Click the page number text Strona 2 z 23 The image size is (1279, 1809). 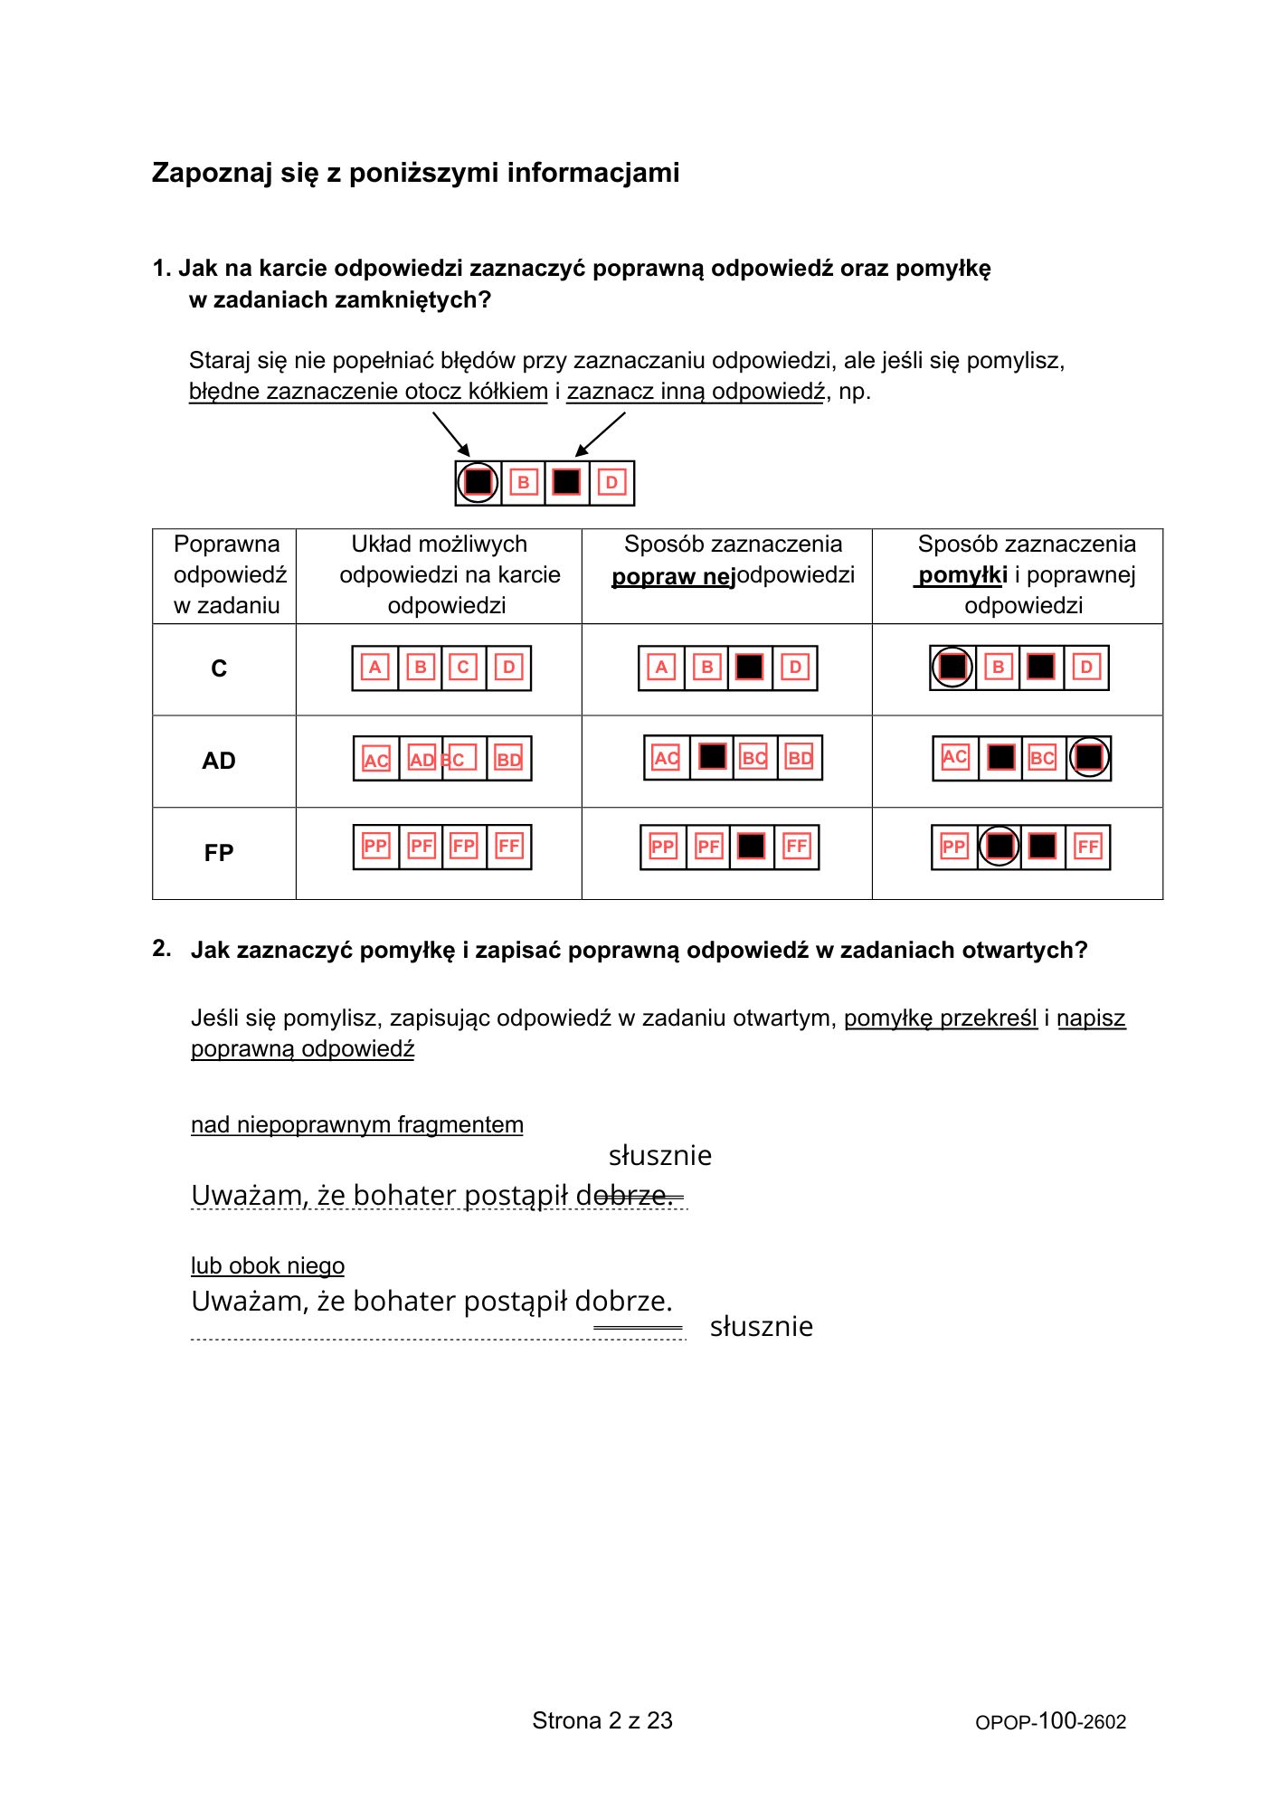pyautogui.click(x=602, y=1720)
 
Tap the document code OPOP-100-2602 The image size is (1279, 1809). pyautogui.click(x=1050, y=1721)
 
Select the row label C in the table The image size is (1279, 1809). pyautogui.click(x=219, y=668)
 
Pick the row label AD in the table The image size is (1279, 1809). pyautogui.click(x=219, y=761)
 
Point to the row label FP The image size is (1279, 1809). pyautogui.click(x=219, y=853)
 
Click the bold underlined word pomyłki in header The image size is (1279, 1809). pyautogui.click(x=962, y=575)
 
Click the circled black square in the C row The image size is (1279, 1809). pyautogui.click(x=952, y=668)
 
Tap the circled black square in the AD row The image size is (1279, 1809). pyautogui.click(x=1089, y=757)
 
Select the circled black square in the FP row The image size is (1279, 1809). pyautogui.click(x=1000, y=847)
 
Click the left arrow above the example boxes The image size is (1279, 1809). pyautogui.click(x=451, y=434)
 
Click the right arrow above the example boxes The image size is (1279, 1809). pyautogui.click(x=601, y=434)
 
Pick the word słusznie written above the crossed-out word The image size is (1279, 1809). pyautogui.click(x=659, y=1156)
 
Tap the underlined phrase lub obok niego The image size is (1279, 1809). pyautogui.click(x=268, y=1265)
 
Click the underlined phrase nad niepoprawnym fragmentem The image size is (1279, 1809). pyautogui.click(x=357, y=1124)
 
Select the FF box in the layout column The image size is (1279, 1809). pyautogui.click(x=509, y=847)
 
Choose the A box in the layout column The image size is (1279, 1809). pyautogui.click(x=374, y=668)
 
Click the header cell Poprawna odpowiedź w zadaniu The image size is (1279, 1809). pyautogui.click(x=226, y=575)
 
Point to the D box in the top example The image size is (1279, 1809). pyautogui.click(x=611, y=482)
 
